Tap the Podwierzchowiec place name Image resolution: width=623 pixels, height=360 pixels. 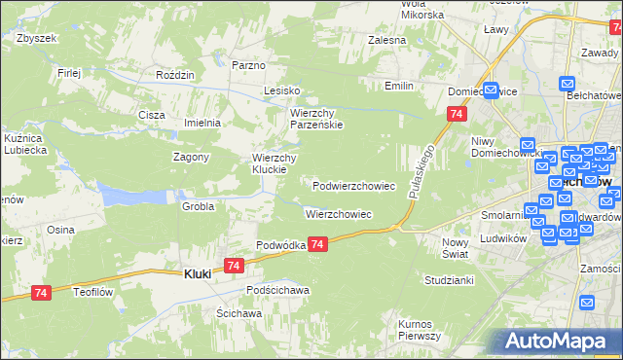353,185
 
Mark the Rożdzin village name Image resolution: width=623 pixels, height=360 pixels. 175,74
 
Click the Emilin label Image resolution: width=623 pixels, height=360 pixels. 399,87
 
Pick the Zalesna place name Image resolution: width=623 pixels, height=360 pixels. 386,41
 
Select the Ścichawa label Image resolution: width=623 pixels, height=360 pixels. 238,313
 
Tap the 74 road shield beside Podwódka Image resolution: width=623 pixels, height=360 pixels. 320,247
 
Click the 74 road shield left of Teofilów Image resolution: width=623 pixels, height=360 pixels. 40,292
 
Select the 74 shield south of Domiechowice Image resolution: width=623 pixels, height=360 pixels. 456,115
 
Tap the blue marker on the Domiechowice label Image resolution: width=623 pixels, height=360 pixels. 492,91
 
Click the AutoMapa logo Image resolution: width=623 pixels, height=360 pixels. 555,341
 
